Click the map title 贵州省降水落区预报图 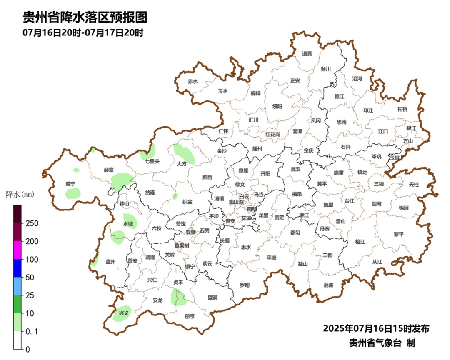(85, 17)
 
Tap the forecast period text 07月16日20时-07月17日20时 (83, 33)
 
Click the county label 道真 (307, 53)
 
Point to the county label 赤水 (192, 81)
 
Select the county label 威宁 (70, 184)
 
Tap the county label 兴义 (123, 313)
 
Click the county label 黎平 (399, 234)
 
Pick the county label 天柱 (414, 184)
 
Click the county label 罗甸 (245, 285)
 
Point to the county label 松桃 (402, 109)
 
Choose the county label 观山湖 (236, 202)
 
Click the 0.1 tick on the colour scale (31, 331)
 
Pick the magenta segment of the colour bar (17, 250)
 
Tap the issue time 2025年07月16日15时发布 (376, 328)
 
